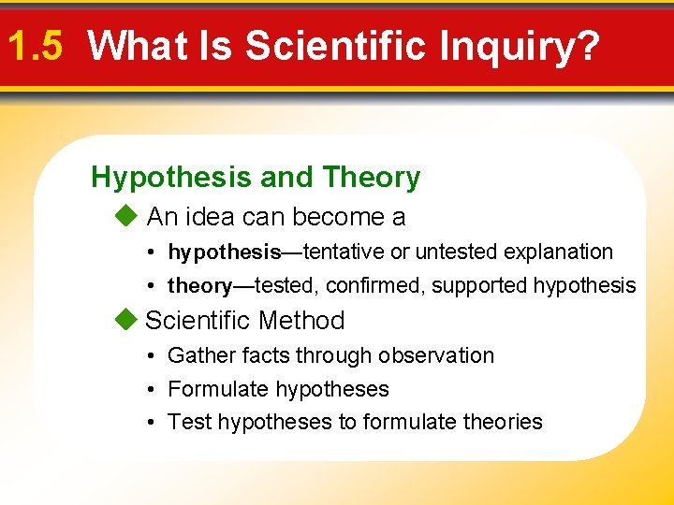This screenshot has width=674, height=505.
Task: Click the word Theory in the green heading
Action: (x=371, y=177)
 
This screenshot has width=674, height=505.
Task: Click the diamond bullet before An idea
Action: (x=125, y=217)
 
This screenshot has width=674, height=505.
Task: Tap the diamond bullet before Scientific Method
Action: (x=125, y=320)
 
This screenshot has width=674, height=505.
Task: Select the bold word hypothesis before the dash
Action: (x=225, y=252)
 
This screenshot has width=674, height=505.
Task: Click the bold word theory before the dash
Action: (x=199, y=286)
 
